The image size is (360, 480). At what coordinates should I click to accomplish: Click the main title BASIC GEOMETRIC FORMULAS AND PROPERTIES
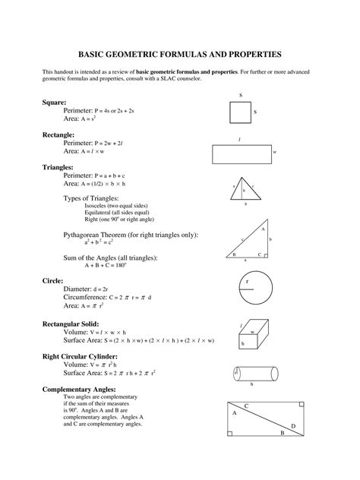point(180,55)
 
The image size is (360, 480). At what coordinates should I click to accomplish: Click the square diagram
point(240,112)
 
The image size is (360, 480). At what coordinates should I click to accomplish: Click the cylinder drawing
point(252,374)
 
